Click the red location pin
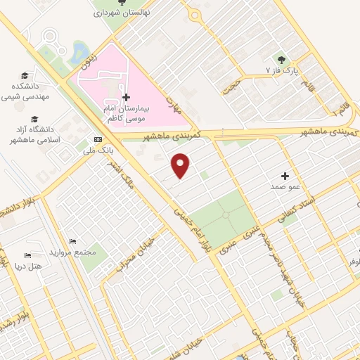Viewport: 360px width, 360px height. (x=181, y=165)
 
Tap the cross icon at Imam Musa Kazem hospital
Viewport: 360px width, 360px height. (x=126, y=97)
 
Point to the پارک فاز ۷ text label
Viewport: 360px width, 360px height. (x=282, y=72)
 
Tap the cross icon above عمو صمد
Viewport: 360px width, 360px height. (x=285, y=176)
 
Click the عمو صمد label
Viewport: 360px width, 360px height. (x=285, y=188)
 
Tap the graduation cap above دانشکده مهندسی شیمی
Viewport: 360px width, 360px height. (x=25, y=75)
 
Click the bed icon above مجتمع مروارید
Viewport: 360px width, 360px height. (x=72, y=242)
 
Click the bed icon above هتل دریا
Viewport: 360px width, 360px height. (x=28, y=255)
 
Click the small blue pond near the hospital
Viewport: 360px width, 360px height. (x=79, y=51)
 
